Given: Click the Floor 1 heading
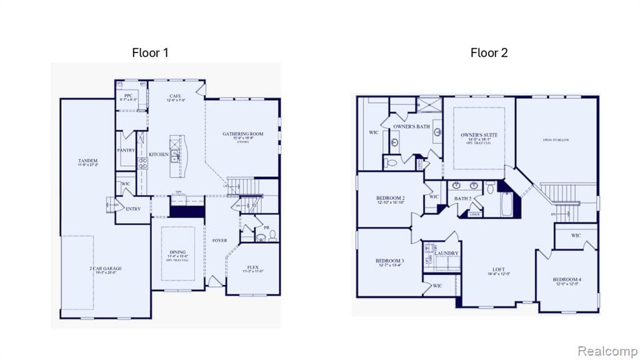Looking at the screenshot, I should [x=150, y=52].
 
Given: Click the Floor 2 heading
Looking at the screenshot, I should [x=489, y=52].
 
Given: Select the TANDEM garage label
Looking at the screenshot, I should [x=87, y=161].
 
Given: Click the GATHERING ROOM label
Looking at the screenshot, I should [x=243, y=134].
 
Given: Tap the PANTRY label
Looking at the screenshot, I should [x=126, y=150].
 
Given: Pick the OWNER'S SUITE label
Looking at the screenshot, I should [x=479, y=135].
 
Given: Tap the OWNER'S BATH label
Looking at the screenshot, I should [x=411, y=127].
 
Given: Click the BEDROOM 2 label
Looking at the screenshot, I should [x=390, y=197].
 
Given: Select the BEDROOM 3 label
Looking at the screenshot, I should [x=389, y=261].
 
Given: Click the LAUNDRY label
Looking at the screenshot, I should [x=447, y=253].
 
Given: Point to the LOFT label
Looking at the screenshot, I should [x=499, y=269].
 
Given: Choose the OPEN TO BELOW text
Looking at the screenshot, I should [x=556, y=140].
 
